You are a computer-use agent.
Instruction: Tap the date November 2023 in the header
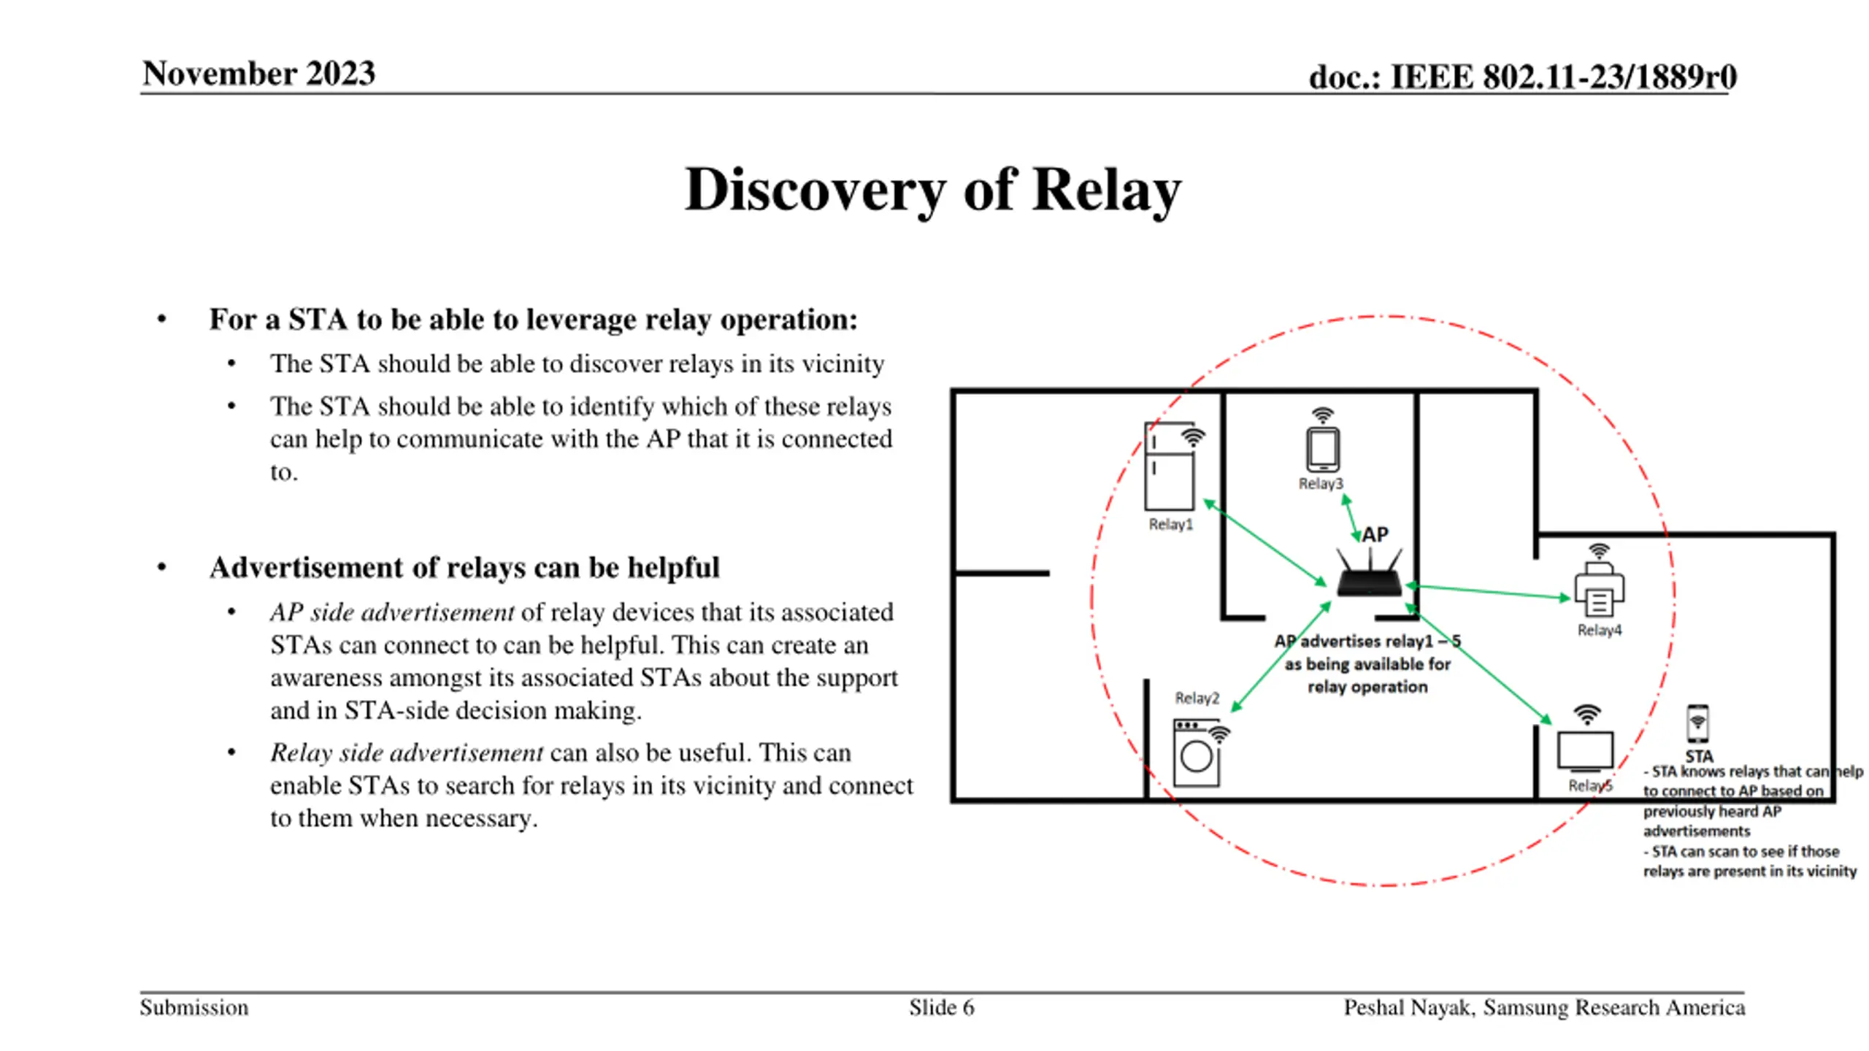coord(258,74)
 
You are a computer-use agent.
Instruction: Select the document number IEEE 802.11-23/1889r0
coord(1563,77)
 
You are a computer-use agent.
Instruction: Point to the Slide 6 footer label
coord(941,1007)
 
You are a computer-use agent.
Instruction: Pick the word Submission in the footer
coord(194,1007)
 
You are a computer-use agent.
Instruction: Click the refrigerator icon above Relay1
coord(1170,466)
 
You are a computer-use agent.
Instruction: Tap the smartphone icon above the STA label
coord(1697,723)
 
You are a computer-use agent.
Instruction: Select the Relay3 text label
coord(1321,483)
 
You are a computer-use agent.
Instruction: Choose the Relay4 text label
coord(1599,630)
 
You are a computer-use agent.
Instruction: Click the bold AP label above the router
coord(1375,534)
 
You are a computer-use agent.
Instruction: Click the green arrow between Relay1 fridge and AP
coord(1264,543)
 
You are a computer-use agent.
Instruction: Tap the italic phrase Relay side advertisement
coord(407,752)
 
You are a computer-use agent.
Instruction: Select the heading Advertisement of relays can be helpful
coord(464,567)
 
